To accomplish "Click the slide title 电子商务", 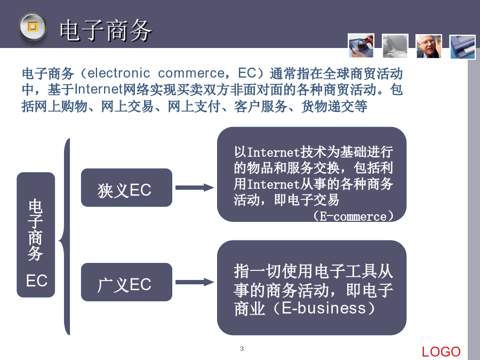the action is [105, 30].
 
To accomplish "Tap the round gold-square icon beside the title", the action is [33, 27].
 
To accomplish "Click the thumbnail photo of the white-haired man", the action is [429, 46].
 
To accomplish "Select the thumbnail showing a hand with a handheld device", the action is [361, 46].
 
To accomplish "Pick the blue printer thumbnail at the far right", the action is [462, 47].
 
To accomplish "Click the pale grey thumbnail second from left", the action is [395, 46].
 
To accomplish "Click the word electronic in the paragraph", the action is [119, 73].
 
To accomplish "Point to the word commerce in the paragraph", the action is [191, 73].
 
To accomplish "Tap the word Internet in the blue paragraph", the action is [98, 90].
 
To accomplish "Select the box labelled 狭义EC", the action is [126, 187].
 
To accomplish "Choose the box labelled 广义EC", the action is [126, 282].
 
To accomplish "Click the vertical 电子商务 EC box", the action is [36, 235].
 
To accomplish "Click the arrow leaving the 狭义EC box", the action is [195, 188].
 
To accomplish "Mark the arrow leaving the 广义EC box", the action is [195, 282].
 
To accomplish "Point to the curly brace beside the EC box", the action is [65, 237].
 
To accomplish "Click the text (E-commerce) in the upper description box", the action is [353, 216].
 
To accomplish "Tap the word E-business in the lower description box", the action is [324, 308].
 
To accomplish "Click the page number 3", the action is [242, 349].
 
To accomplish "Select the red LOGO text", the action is [441, 352].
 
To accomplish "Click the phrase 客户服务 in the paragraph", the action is [260, 106].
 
